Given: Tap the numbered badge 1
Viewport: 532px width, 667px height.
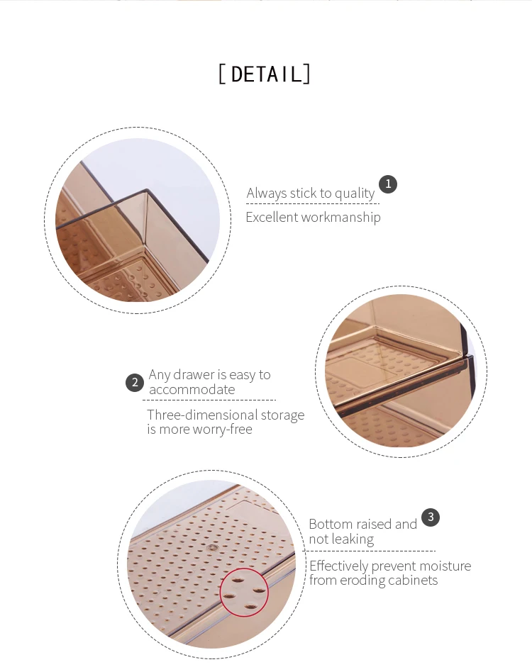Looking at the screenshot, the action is click(x=388, y=184).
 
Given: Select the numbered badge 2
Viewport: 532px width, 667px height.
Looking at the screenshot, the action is click(x=135, y=383).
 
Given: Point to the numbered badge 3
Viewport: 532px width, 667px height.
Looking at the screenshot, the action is click(x=431, y=517).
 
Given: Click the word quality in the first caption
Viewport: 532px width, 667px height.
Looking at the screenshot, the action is click(x=355, y=194).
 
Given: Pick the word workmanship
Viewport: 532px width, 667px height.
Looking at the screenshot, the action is click(x=340, y=218).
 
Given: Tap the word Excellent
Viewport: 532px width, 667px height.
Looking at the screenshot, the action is click(x=272, y=218).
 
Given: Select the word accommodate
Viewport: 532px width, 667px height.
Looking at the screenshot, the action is click(x=192, y=390).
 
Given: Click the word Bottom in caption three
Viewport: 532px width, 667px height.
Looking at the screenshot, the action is click(x=331, y=524).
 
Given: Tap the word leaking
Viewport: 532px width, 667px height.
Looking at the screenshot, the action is click(x=353, y=539).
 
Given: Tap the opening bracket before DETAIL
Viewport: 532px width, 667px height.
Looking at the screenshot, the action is click(x=222, y=74).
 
